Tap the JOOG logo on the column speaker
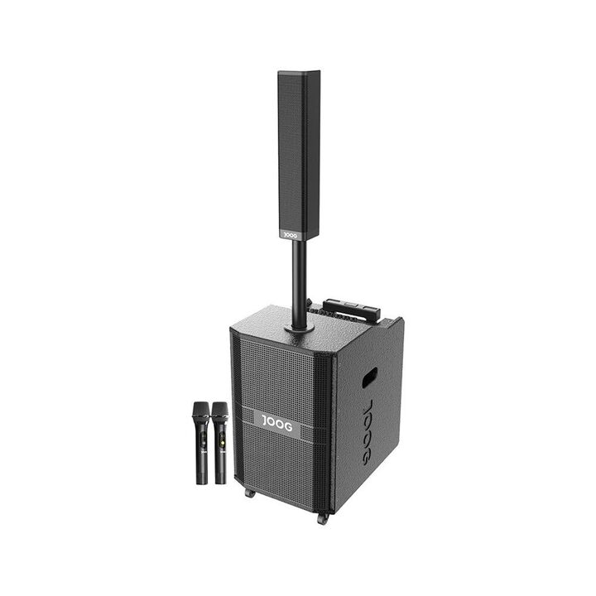tap(291, 235)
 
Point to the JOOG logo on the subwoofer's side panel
tap(368, 431)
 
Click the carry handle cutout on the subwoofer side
tap(369, 377)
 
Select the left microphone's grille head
tap(200, 411)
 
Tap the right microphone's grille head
tap(220, 411)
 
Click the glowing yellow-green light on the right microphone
tap(221, 442)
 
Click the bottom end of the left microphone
tap(202, 483)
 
